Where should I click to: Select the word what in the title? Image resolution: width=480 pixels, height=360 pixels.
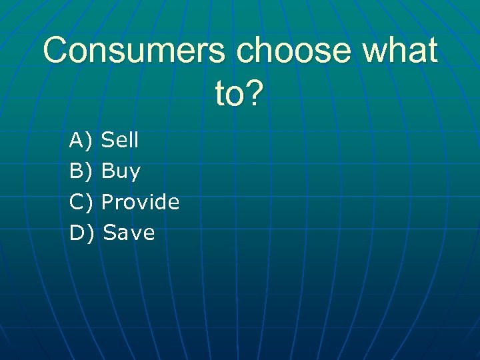click(x=403, y=51)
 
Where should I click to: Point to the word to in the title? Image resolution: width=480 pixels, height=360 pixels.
click(x=229, y=94)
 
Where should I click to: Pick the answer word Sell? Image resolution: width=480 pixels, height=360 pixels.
click(x=120, y=140)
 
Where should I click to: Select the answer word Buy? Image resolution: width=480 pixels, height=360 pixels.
click(x=121, y=172)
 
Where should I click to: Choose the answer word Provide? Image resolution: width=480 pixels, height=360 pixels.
click(x=141, y=202)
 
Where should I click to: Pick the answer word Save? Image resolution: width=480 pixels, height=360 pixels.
click(x=129, y=233)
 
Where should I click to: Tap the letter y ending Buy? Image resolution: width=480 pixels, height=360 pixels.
click(x=135, y=173)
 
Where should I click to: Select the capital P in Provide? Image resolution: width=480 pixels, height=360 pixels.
click(x=107, y=202)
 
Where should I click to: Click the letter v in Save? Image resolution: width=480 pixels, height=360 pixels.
click(x=135, y=233)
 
